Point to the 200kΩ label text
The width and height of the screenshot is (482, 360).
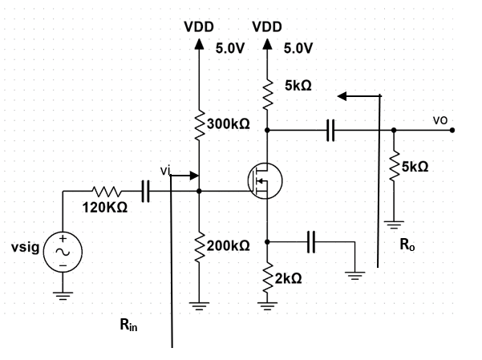(229, 245)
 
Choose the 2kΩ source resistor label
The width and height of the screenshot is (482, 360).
(288, 278)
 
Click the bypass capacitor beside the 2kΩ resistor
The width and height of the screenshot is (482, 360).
(313, 241)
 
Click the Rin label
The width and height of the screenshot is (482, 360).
(128, 325)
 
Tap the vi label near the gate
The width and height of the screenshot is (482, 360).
(165, 170)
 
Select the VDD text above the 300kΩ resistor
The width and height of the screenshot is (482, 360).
(199, 26)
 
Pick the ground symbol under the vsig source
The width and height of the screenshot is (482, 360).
(63, 293)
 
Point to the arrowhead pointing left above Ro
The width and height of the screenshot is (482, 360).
(343, 95)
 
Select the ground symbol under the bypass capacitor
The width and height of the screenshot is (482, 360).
(354, 274)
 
